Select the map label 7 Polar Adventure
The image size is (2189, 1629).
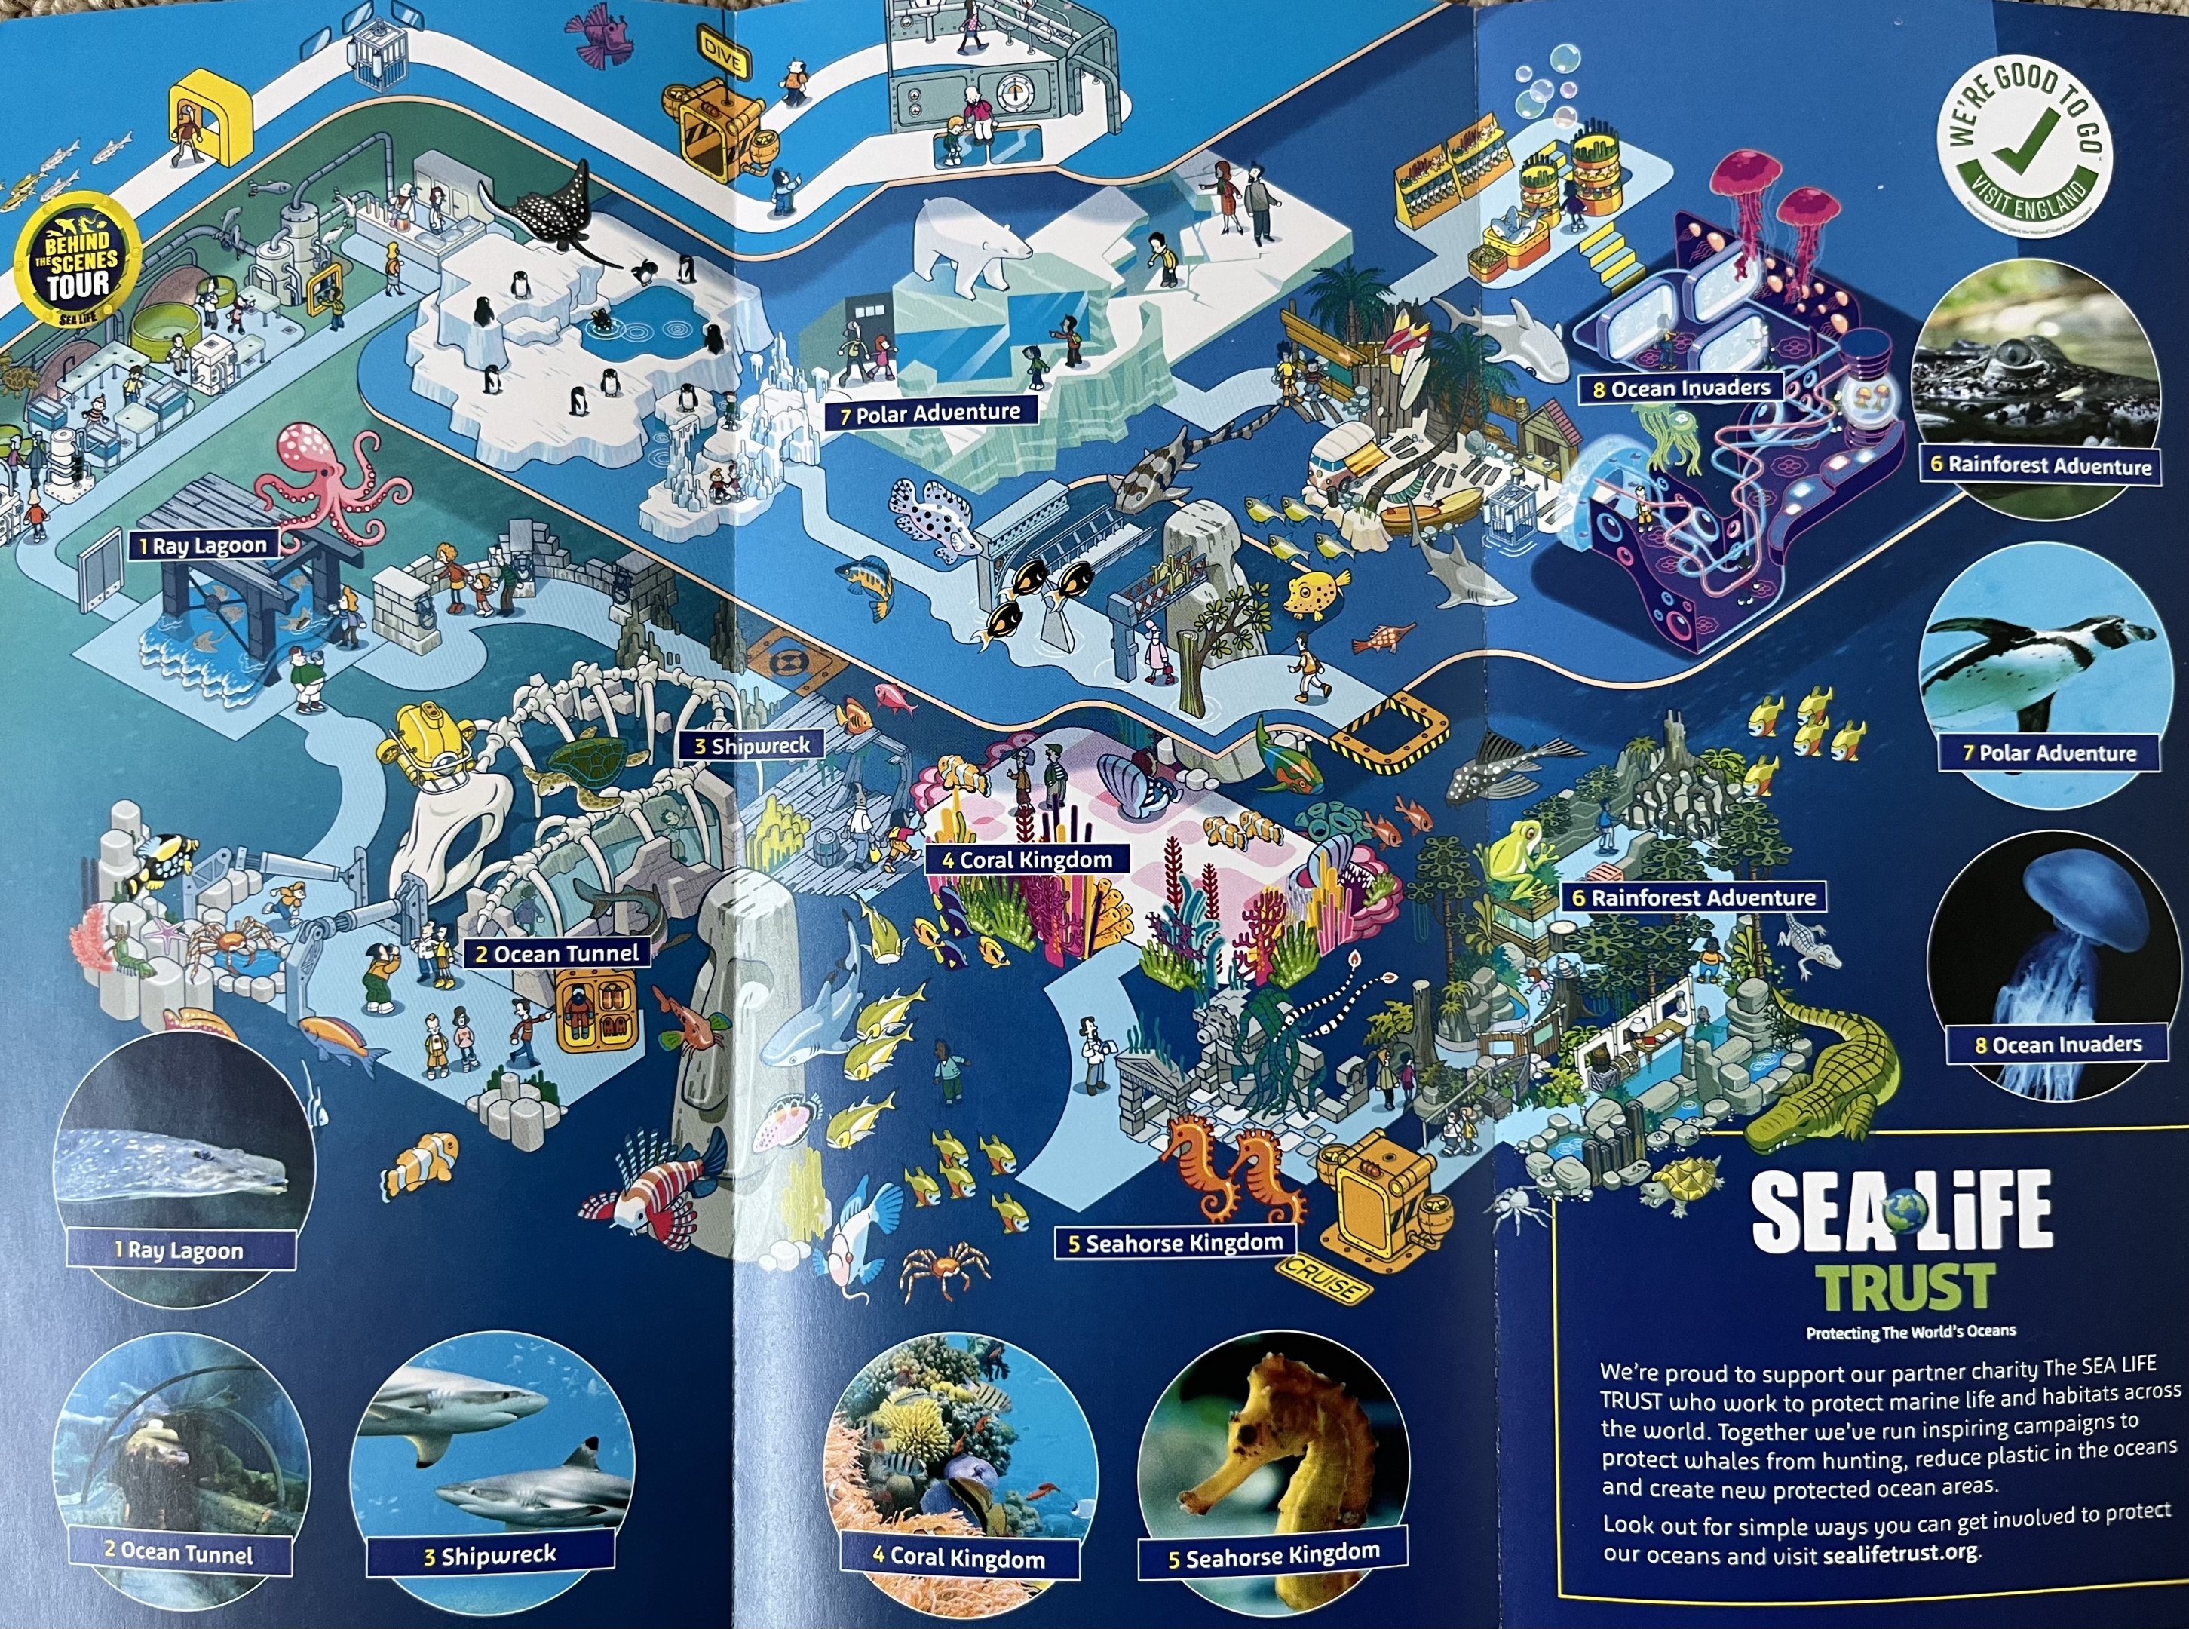click(x=930, y=413)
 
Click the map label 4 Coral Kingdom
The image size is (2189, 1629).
click(x=1026, y=860)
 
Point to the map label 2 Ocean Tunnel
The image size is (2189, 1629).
click(x=557, y=953)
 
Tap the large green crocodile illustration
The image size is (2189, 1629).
click(x=1824, y=1075)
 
